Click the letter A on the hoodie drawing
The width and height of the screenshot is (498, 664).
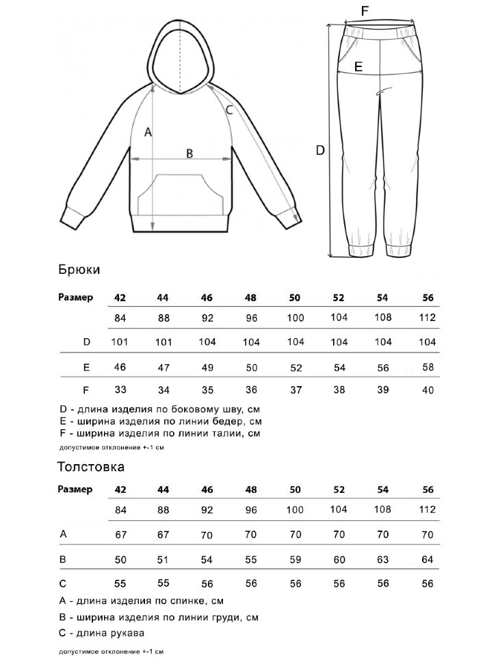click(146, 133)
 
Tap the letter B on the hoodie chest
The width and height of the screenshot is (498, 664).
click(189, 153)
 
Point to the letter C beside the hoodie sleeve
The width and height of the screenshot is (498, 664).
click(229, 109)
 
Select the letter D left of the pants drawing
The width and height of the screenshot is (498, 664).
click(319, 150)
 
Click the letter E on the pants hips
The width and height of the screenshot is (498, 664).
click(358, 66)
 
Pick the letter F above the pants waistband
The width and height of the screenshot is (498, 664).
click(365, 10)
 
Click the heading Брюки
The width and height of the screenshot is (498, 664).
click(79, 270)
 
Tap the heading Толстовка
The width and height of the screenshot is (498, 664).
click(91, 468)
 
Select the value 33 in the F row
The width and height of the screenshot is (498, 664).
click(120, 390)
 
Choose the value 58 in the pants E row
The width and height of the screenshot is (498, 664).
click(428, 367)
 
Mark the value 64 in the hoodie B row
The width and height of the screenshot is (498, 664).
click(428, 559)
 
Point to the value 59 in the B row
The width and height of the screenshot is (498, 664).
click(296, 559)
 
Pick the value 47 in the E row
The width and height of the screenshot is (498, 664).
click(163, 367)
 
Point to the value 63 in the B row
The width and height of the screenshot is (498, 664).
click(383, 559)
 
